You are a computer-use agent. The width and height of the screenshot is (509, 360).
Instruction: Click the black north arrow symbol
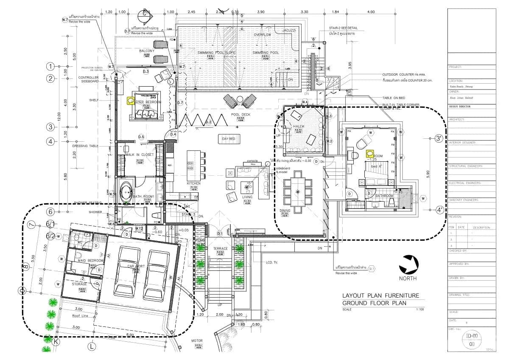coord(408,264)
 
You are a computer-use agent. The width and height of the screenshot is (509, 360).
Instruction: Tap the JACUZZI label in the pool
coord(288,31)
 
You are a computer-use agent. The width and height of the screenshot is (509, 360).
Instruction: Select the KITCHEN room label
coord(193,183)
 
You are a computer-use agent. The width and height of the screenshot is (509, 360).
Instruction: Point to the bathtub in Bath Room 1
coord(126,191)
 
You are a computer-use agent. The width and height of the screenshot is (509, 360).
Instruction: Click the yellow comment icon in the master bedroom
coord(131,101)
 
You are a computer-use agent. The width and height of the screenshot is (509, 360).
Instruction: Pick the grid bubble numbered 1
coord(51,66)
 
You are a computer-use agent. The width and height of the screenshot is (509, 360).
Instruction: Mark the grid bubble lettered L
coord(91,346)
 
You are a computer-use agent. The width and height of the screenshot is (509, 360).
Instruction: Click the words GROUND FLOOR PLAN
coord(374,303)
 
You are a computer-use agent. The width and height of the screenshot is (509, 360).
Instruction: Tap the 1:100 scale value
coord(420,309)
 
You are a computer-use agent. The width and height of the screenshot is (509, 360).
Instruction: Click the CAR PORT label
coord(137,266)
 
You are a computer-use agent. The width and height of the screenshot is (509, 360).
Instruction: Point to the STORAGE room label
coord(79,284)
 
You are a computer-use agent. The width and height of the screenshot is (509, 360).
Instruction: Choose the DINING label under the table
coord(284,210)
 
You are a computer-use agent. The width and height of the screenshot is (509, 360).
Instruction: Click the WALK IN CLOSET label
coord(139,155)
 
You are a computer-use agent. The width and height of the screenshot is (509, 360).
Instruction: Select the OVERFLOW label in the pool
coord(262,35)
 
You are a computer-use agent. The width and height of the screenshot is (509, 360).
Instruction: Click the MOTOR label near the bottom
coord(197,340)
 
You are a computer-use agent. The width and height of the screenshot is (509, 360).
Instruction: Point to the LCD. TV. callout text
coord(272,262)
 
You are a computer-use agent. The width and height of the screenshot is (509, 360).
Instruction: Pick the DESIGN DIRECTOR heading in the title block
coord(461,107)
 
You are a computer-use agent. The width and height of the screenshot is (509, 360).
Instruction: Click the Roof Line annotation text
coord(80,316)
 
